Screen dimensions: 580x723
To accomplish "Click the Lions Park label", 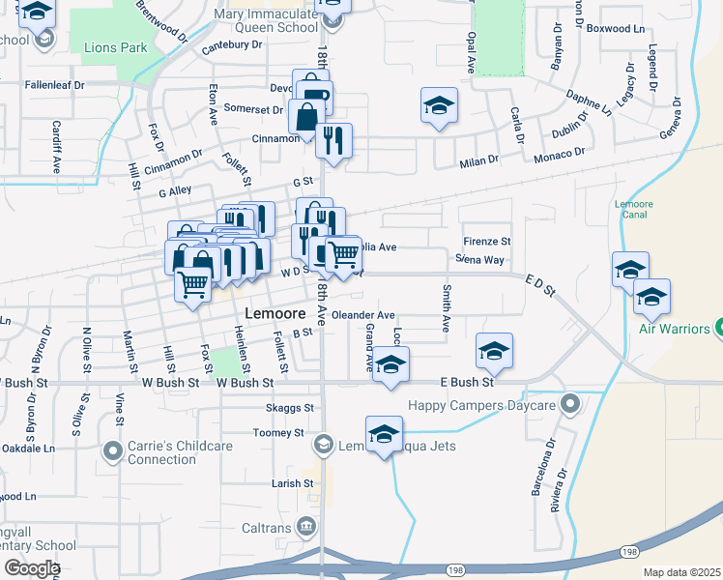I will click(x=115, y=45).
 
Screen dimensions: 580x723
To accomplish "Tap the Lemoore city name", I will click(x=275, y=314).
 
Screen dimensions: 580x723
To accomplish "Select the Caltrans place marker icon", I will click(x=306, y=525).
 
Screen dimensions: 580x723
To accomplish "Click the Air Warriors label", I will click(x=674, y=329).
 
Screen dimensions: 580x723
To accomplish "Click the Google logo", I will click(x=31, y=568).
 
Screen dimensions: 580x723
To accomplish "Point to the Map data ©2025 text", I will click(x=681, y=572).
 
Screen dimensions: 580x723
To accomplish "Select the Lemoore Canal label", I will click(x=634, y=210).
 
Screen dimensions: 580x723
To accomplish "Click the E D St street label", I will click(x=541, y=284).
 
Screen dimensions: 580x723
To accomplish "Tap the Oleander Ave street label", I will click(x=362, y=315).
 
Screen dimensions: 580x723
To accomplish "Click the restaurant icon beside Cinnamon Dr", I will click(x=333, y=140).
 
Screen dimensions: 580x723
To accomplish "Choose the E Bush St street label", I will click(x=467, y=383).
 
